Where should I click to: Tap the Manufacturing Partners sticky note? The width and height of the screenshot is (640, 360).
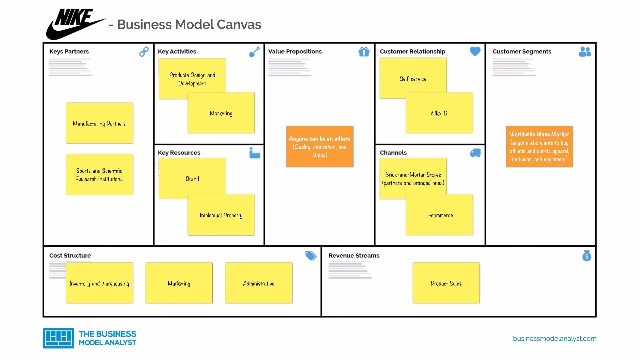[99, 123]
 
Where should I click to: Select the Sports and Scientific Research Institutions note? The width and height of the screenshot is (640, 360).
[99, 174]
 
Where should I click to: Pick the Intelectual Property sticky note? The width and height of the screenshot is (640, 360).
[221, 215]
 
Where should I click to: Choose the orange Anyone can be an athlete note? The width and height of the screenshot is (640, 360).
[320, 146]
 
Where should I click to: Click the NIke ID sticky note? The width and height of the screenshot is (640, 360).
[439, 113]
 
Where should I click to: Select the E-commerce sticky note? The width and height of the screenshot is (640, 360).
[439, 215]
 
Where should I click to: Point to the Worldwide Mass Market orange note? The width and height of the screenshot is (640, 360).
[539, 146]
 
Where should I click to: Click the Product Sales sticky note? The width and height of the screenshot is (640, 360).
[446, 283]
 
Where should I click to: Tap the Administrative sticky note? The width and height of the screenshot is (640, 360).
[259, 283]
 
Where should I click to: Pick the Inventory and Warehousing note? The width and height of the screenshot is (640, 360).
[99, 283]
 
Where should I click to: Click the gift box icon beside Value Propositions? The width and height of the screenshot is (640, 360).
[364, 52]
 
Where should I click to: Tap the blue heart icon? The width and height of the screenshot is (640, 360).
[475, 51]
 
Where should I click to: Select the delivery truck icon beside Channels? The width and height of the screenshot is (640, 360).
[475, 153]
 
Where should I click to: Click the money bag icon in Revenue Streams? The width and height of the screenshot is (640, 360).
[587, 256]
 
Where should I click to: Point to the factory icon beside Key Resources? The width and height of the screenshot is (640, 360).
[255, 153]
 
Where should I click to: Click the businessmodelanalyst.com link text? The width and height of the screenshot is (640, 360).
[555, 338]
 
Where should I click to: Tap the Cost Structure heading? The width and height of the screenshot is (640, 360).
[70, 256]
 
